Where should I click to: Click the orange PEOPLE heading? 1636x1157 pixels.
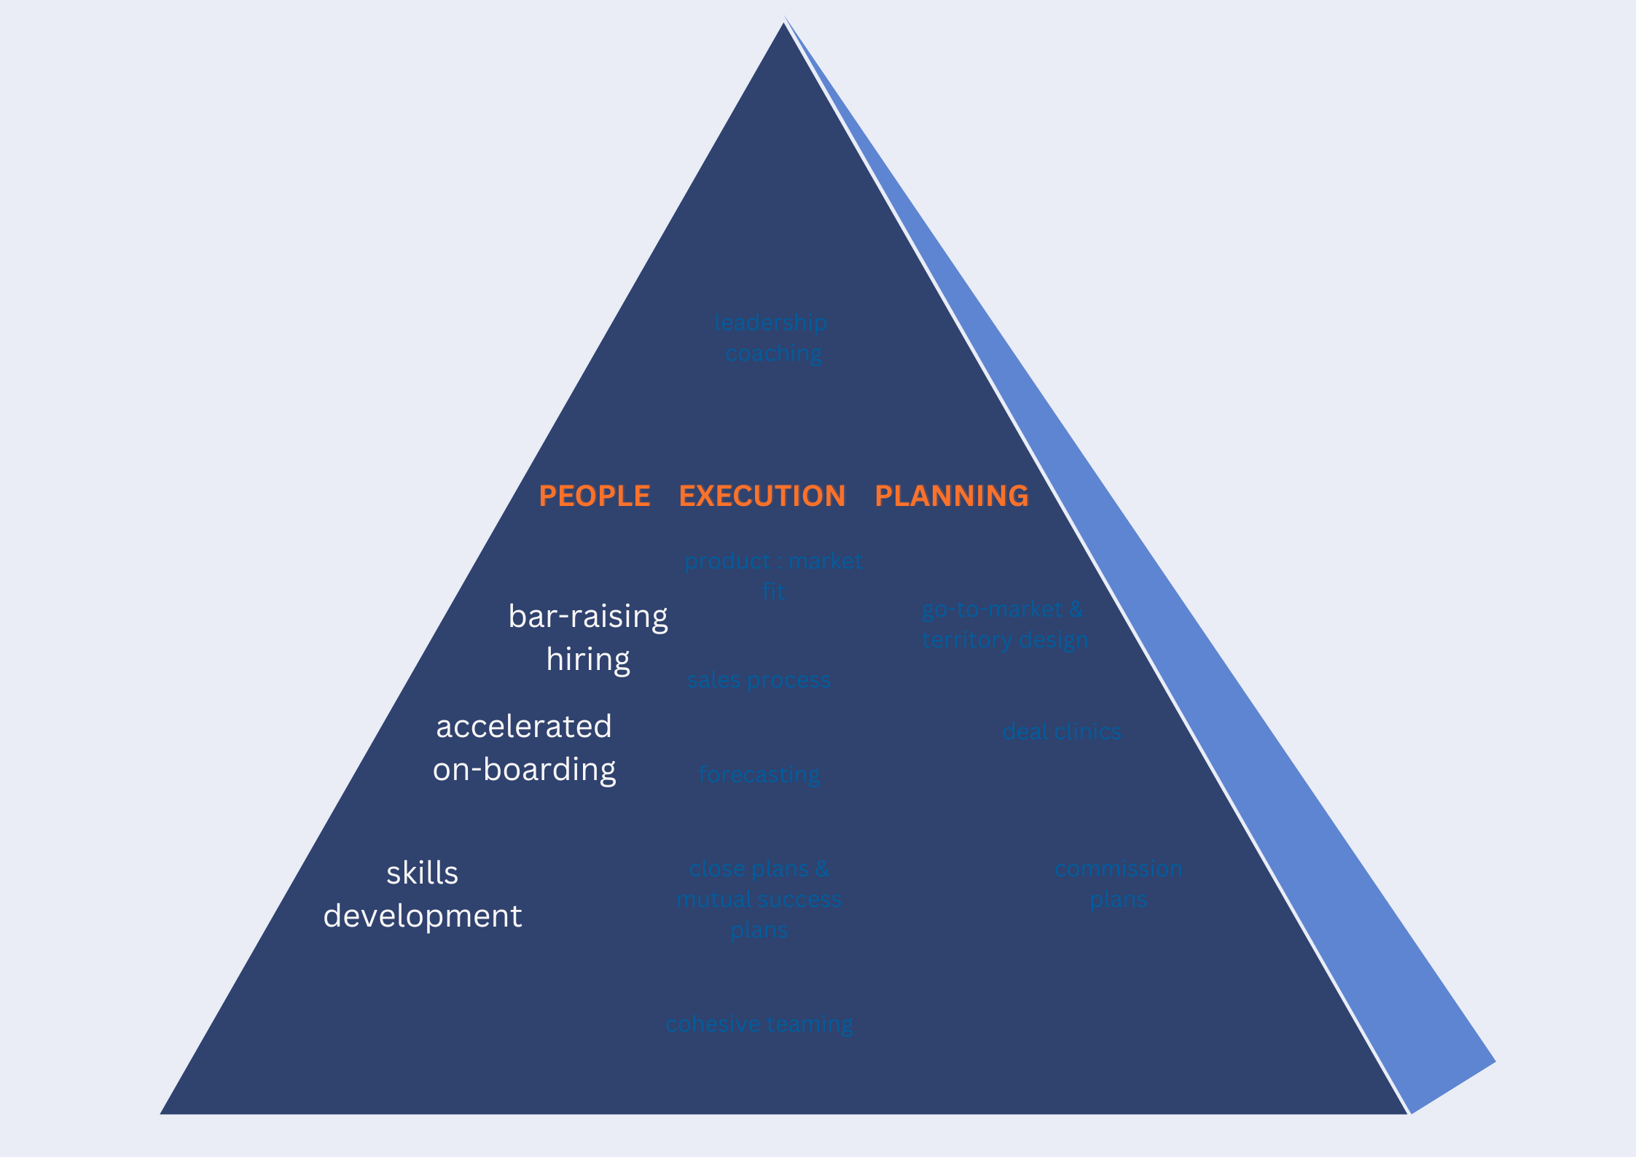pos(594,496)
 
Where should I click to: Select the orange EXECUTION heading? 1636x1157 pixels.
pos(762,496)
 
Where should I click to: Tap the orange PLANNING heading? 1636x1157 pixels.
pos(951,496)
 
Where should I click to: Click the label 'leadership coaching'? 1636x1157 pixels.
pos(772,338)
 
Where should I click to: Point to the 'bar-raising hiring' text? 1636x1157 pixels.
pos(588,637)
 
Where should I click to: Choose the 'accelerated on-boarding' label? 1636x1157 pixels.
pos(524,747)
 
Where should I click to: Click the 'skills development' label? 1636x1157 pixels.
pos(423,894)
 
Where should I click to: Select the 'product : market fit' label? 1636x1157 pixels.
pos(773,576)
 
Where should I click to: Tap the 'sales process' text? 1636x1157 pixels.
pos(759,680)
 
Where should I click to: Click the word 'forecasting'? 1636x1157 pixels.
pos(759,774)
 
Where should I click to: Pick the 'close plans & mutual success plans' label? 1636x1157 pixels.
pos(759,899)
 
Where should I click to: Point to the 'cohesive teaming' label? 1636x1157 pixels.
pos(759,1024)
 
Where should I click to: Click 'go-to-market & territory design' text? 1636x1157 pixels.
pos(1004,624)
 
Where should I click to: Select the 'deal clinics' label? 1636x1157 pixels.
pos(1061,731)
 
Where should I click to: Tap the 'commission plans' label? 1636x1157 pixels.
pos(1118,884)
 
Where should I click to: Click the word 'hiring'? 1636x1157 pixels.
pos(588,659)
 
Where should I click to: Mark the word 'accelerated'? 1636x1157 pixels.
pos(524,726)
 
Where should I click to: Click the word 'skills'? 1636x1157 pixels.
pos(423,873)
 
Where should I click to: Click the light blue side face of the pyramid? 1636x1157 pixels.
pos(1239,729)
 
